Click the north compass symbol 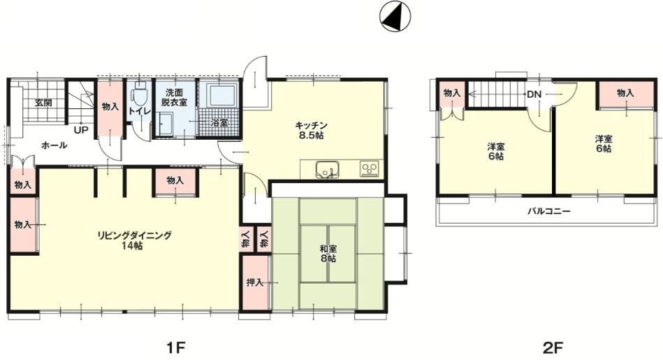click(x=395, y=16)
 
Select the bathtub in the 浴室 click(x=219, y=95)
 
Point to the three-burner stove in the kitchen click(x=370, y=168)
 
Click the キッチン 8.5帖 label click(x=311, y=130)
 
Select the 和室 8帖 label click(x=328, y=253)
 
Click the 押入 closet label click(x=255, y=282)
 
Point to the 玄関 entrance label click(x=43, y=102)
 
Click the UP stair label click(x=81, y=130)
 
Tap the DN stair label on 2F click(x=534, y=94)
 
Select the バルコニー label click(x=549, y=210)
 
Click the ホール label click(x=54, y=145)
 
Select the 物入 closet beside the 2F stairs click(x=452, y=94)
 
